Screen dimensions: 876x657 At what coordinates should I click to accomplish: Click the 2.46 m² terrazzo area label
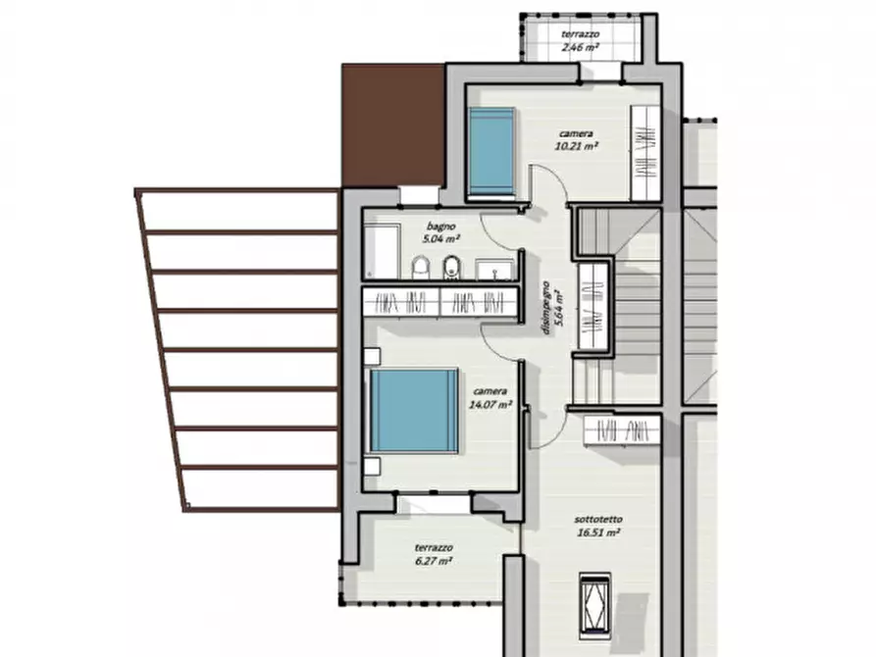[580, 47]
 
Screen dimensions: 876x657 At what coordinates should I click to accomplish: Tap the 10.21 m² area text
[577, 146]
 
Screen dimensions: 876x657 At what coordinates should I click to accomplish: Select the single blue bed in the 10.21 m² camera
[491, 152]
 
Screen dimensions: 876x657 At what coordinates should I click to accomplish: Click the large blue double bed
[414, 410]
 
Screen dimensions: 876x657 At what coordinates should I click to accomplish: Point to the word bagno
[440, 227]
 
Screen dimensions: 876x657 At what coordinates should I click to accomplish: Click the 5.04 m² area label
[441, 239]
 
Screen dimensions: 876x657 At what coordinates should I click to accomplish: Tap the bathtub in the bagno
[383, 251]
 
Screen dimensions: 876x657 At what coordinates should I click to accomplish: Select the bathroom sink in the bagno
[494, 270]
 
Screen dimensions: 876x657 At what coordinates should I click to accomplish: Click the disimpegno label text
[546, 307]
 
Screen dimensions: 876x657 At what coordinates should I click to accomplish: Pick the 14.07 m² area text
[490, 404]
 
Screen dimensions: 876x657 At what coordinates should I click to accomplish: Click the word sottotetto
[598, 520]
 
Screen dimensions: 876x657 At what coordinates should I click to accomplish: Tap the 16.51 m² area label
[598, 533]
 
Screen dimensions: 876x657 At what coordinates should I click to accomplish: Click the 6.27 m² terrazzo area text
[434, 561]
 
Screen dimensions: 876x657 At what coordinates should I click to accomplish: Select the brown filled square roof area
[393, 125]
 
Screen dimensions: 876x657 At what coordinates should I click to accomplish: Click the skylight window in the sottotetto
[595, 605]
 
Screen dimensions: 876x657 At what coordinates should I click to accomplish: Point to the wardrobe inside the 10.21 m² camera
[646, 153]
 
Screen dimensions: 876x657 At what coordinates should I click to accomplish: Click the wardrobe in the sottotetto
[622, 430]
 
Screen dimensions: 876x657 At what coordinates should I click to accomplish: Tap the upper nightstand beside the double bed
[372, 356]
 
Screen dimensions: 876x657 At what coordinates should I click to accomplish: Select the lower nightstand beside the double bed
[372, 467]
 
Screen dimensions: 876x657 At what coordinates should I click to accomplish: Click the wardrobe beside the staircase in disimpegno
[593, 306]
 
